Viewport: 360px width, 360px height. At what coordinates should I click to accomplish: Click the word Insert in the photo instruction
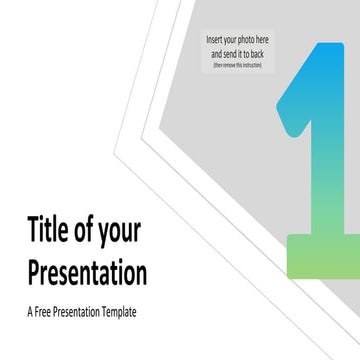coord(214,39)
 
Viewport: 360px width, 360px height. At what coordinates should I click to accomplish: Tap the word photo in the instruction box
coord(246,39)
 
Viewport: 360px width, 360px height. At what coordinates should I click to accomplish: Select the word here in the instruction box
coord(263,39)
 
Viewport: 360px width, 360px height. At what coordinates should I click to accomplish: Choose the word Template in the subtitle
coord(115,312)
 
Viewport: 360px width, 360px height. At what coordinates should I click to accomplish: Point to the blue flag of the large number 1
coord(300,95)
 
